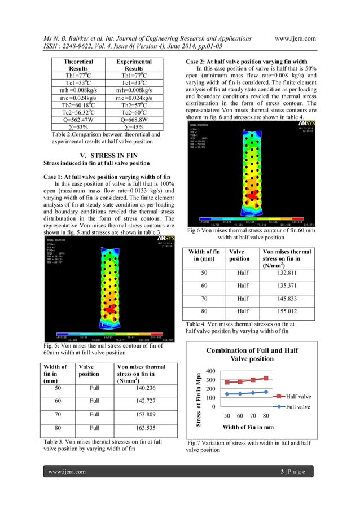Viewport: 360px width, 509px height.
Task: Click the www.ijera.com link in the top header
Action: click(x=326, y=38)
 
